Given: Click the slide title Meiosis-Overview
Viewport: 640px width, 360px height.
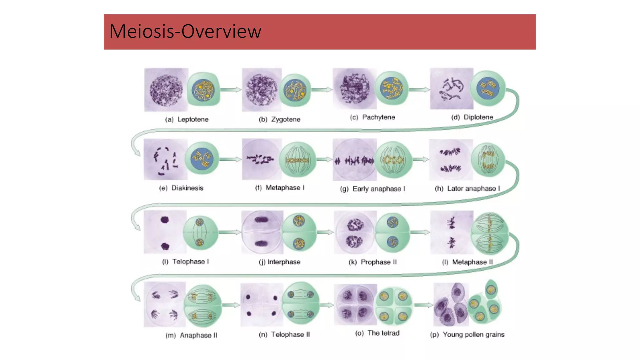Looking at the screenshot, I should (x=185, y=32).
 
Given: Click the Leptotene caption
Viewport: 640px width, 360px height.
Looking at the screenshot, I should (x=187, y=119).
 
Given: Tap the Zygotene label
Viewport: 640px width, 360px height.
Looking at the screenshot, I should (x=280, y=119).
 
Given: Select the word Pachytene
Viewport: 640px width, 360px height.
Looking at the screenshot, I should (x=378, y=117).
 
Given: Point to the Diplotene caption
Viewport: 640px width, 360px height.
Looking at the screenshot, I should (x=472, y=117).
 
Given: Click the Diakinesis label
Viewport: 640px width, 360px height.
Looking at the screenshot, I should (x=181, y=188).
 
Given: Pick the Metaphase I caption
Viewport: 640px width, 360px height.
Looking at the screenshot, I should (x=280, y=188).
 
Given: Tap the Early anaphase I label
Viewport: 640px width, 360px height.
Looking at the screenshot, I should (x=373, y=189).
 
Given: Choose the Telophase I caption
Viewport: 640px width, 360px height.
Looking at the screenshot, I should (x=186, y=262).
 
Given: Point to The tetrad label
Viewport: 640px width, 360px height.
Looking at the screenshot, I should (x=377, y=333).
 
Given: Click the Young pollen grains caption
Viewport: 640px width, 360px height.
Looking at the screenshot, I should (x=467, y=335).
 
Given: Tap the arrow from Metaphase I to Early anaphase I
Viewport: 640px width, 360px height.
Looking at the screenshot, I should (x=324, y=159).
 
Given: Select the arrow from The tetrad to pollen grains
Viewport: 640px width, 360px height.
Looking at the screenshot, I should (x=424, y=305).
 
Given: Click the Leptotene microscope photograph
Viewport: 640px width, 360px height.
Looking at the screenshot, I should (x=166, y=90).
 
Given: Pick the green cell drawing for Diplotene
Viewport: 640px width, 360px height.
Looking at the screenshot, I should (x=488, y=88).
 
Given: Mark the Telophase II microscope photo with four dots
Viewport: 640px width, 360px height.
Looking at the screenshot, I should (x=262, y=305).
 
